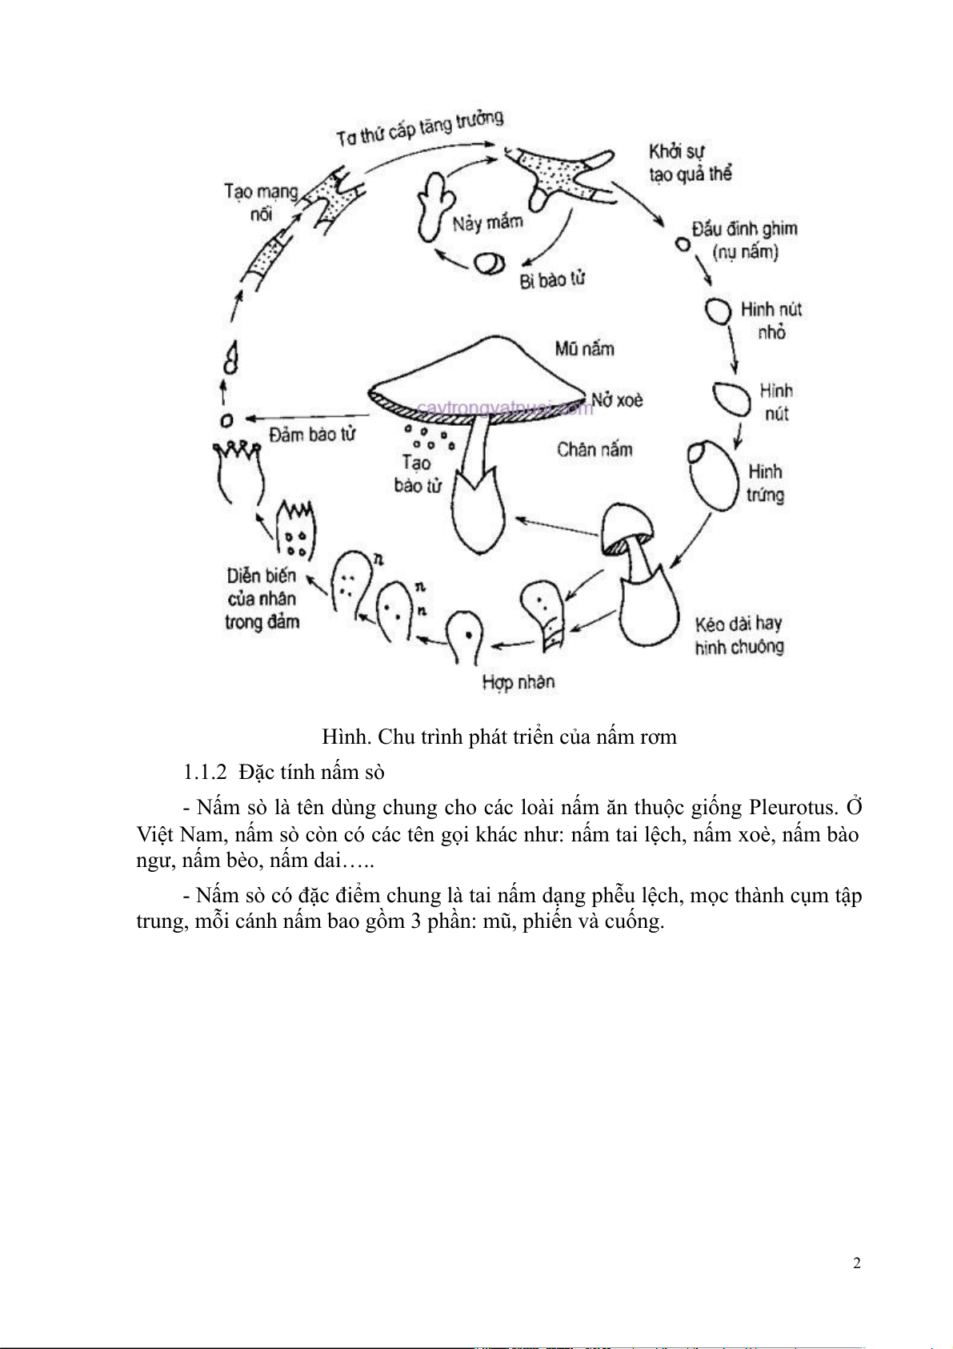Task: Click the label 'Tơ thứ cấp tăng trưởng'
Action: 419,129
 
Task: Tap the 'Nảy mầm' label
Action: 487,222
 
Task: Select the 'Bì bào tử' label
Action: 552,279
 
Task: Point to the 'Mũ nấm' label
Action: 584,348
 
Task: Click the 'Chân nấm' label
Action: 595,449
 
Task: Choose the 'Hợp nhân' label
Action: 519,682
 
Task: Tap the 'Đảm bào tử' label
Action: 312,434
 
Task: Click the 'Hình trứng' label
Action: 765,483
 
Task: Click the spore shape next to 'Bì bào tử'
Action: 488,263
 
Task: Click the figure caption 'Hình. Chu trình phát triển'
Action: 499,737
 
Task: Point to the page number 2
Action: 857,1264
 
